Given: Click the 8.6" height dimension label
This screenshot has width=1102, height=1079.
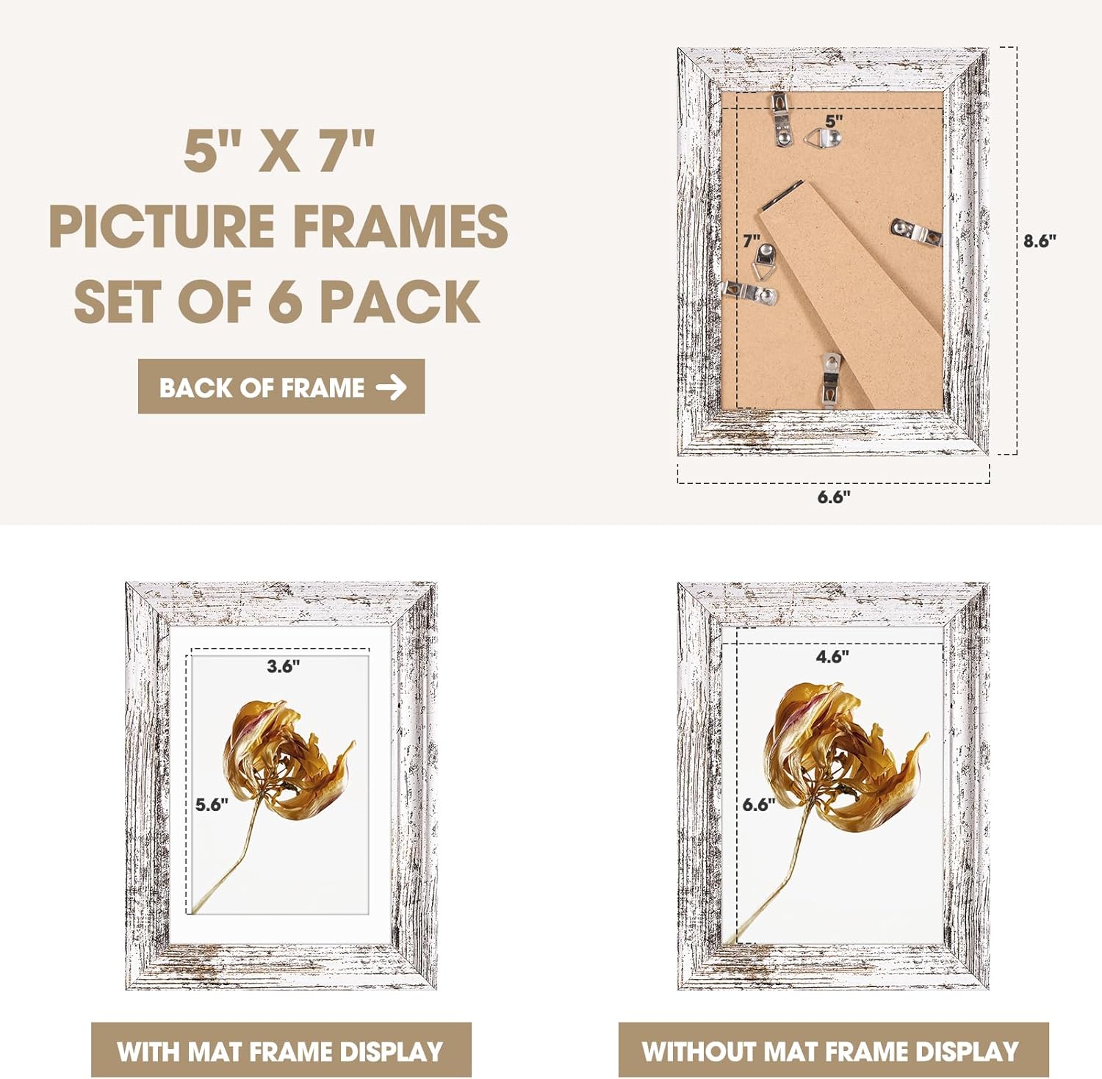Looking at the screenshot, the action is point(1040,241).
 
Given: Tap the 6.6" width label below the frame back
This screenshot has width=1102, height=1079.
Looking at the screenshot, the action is point(834,497).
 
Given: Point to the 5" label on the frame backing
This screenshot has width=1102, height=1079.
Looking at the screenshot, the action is point(834,120).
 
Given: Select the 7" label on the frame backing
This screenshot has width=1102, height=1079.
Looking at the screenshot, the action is point(751,241).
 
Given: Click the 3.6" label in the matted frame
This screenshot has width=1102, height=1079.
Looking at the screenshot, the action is point(283,666).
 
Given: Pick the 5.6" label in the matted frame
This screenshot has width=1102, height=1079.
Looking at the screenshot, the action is point(212,804).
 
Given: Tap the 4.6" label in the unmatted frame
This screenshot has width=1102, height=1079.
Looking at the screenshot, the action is point(832,656).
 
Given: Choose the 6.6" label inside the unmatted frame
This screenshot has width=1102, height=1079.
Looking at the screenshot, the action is point(759,804).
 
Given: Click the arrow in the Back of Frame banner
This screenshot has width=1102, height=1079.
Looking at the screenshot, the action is point(391,387).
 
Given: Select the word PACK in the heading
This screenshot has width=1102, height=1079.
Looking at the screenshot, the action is point(400,301).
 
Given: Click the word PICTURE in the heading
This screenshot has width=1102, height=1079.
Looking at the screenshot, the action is point(161,226).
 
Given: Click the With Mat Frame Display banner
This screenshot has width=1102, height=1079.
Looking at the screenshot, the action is point(281,1050).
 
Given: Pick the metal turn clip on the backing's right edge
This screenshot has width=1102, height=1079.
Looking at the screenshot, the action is point(916,232).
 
